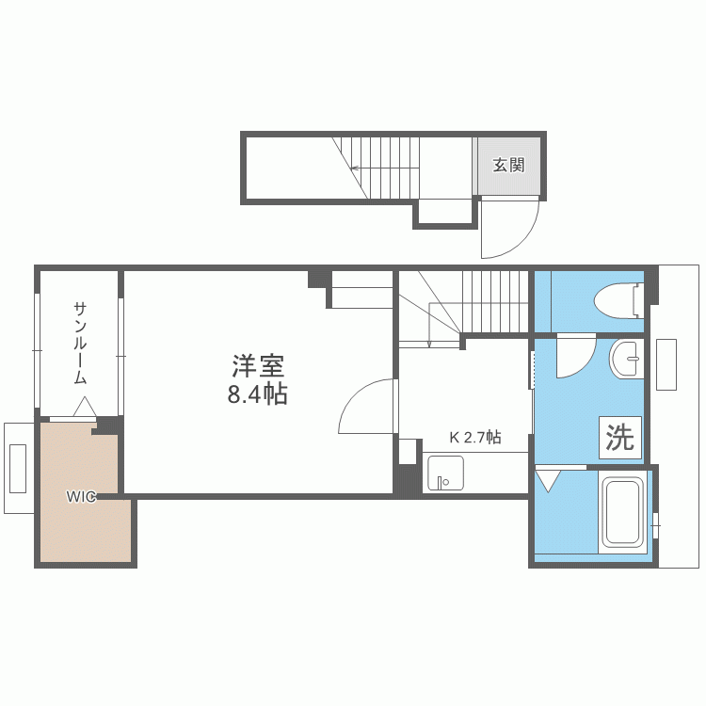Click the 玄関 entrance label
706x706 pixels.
click(508, 166)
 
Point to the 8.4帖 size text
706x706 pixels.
click(257, 394)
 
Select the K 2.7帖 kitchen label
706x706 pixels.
click(474, 437)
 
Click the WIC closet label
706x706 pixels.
click(80, 497)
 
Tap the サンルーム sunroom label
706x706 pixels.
click(80, 343)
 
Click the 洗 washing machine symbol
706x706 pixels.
click(619, 438)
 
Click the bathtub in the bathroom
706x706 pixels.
click(621, 513)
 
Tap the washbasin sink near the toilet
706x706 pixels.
click(626, 358)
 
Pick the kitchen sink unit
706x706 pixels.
click(443, 473)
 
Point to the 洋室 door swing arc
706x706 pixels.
click(365, 407)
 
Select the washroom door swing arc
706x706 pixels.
click(575, 359)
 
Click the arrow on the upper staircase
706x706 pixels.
click(356, 169)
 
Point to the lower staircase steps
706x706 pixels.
click(489, 299)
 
